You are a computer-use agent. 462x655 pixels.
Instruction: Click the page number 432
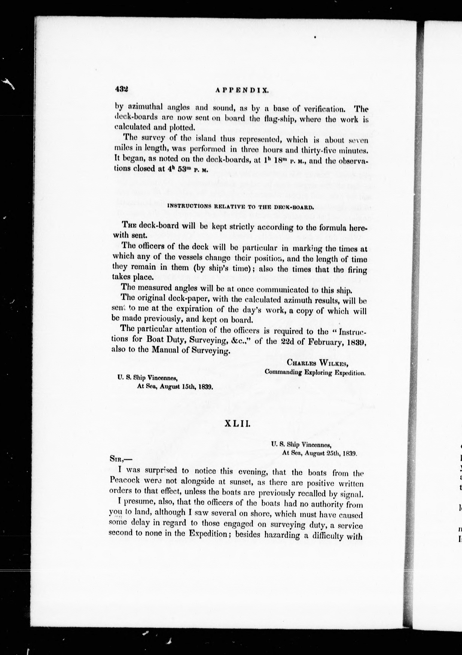point(122,89)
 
